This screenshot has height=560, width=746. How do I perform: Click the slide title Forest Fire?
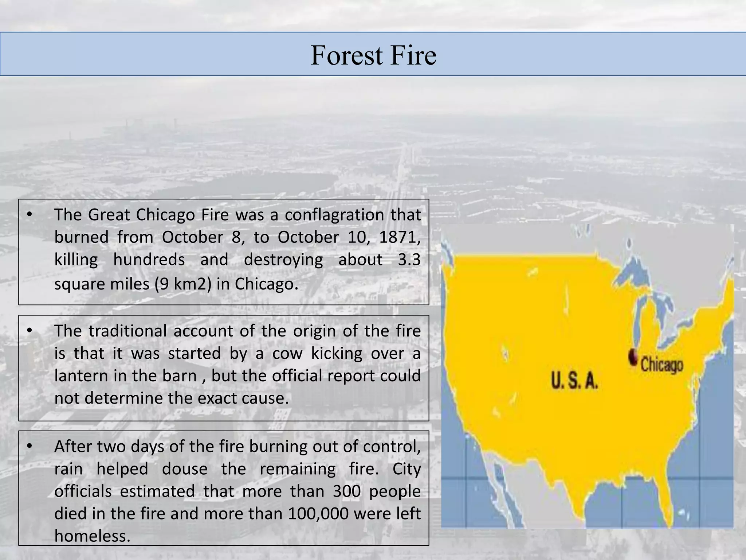373,55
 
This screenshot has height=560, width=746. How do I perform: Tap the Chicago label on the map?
661,365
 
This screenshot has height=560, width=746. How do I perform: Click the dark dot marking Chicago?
633,357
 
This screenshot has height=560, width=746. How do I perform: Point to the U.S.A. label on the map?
574,381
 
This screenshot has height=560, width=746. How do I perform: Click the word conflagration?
334,215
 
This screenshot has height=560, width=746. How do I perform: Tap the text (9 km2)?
183,284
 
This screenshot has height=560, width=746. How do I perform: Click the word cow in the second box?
287,353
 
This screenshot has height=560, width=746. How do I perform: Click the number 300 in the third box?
346,491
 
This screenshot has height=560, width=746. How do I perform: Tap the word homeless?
92,536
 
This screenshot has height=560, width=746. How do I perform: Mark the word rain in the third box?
68,469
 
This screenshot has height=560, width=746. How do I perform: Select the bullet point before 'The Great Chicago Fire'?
30,214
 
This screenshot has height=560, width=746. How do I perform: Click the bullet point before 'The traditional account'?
30,331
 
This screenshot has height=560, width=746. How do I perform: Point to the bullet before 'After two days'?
30,446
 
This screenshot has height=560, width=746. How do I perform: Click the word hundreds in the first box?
149,260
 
